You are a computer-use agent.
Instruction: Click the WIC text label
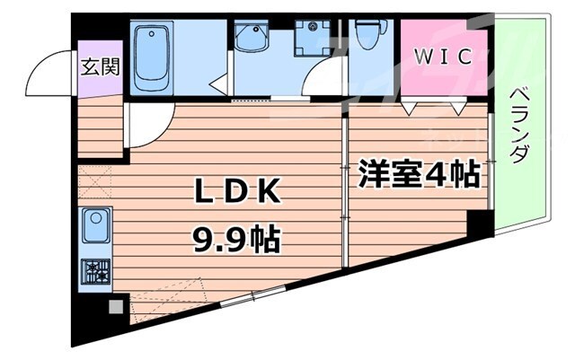tap(442, 57)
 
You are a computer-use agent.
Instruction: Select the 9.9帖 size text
tap(235, 240)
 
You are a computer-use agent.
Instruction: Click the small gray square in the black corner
tap(114, 306)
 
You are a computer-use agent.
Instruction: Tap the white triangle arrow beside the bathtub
tap(217, 85)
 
